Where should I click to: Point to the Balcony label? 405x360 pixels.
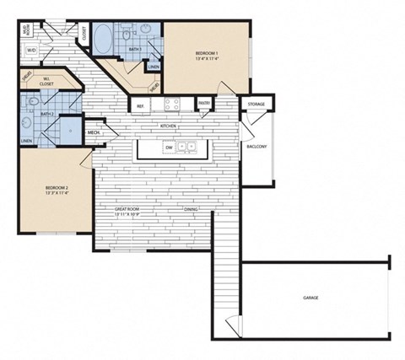click(256, 146)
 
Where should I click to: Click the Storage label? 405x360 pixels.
click(256, 105)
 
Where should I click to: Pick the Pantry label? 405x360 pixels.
click(203, 104)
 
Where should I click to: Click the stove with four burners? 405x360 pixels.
click(172, 105)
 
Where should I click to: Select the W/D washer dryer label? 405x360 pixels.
click(31, 50)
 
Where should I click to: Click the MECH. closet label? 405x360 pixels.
click(94, 132)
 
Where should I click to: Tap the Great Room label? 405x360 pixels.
click(127, 209)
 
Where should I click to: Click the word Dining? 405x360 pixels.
click(191, 209)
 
